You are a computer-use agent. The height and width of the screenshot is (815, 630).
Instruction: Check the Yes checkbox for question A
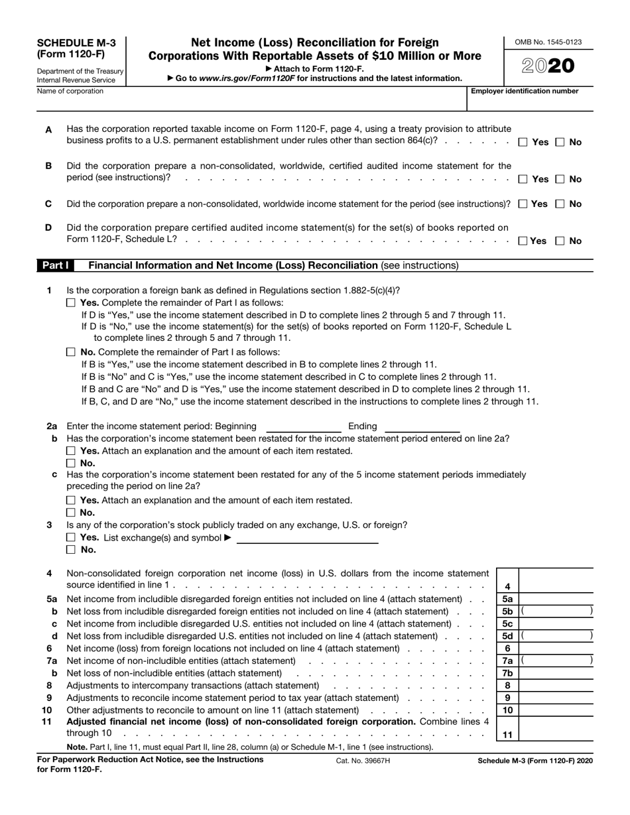[523, 142]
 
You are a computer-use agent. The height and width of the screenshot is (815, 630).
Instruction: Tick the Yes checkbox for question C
[523, 204]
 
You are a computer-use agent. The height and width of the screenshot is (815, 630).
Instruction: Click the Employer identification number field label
[525, 92]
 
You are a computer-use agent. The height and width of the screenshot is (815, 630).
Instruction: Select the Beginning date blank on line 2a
[303, 426]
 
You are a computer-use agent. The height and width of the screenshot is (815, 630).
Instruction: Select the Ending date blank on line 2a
[422, 426]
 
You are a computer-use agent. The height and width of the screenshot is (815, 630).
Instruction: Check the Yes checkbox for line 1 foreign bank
[72, 302]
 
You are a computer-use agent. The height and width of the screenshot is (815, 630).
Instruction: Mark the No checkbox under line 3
[72, 550]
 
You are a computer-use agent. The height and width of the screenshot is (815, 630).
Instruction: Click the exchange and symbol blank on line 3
[307, 538]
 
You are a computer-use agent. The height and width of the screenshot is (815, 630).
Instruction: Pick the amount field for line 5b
[556, 611]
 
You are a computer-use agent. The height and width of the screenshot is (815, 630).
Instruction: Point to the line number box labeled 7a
[507, 660]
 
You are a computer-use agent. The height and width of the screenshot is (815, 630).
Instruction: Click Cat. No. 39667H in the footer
[363, 761]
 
